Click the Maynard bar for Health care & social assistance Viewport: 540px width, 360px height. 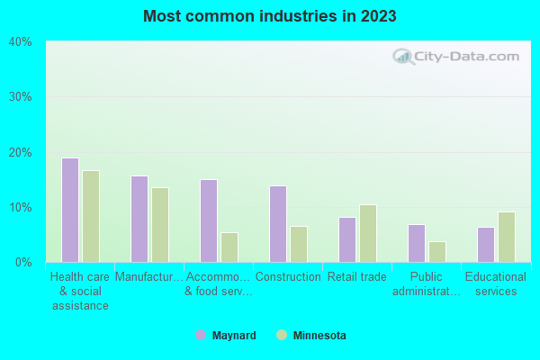pos(70,211)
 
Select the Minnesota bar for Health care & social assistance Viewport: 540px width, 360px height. pos(91,217)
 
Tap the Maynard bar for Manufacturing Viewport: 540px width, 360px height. pos(139,220)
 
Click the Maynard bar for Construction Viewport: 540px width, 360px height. pos(278,224)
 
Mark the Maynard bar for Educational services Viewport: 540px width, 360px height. pos(486,245)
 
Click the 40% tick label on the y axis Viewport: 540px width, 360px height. pos(21,41)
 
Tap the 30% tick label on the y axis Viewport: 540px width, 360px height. pos(21,97)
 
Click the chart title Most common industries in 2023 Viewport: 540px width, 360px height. pos(269,16)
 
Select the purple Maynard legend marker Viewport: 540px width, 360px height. pos(201,336)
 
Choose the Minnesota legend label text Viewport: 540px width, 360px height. pos(321,336)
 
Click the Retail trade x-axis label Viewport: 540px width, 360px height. pos(356,277)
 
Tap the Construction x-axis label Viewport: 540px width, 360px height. pos(288,277)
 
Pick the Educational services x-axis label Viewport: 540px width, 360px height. pos(496,284)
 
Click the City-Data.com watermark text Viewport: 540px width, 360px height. pos(459,56)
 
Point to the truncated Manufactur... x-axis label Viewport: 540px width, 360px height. pos(148,277)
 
